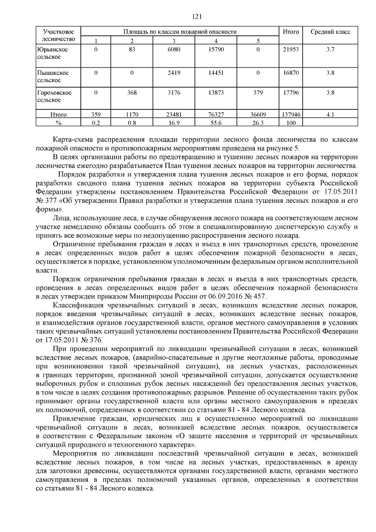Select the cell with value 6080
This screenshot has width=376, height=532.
(x=174, y=50)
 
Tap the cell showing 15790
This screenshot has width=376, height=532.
(x=216, y=50)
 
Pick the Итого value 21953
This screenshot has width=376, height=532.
(x=291, y=50)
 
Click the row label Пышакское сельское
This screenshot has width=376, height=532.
(x=53, y=76)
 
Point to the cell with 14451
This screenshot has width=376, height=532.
(x=216, y=73)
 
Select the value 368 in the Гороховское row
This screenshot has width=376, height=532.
(x=132, y=93)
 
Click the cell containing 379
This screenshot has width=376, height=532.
(x=258, y=93)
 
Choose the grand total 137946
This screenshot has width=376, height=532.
(x=291, y=115)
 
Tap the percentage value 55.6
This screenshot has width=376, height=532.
(x=216, y=123)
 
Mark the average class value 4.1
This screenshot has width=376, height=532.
(x=330, y=115)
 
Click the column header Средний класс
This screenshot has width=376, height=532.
(x=330, y=32)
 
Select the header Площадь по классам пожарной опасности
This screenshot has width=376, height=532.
(x=180, y=32)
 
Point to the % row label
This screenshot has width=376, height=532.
(x=58, y=123)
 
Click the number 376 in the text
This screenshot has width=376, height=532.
(x=96, y=340)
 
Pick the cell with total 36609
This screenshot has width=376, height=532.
(x=258, y=115)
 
